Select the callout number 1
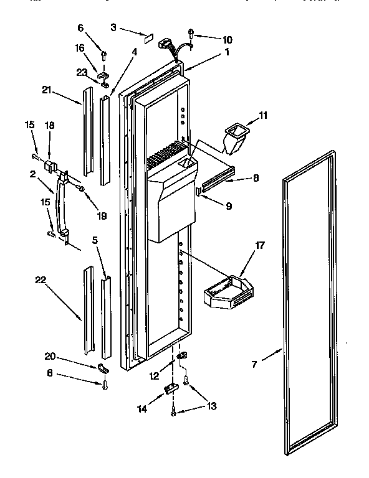[x=227, y=52]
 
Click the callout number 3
[x=113, y=28]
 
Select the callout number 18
[x=50, y=126]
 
